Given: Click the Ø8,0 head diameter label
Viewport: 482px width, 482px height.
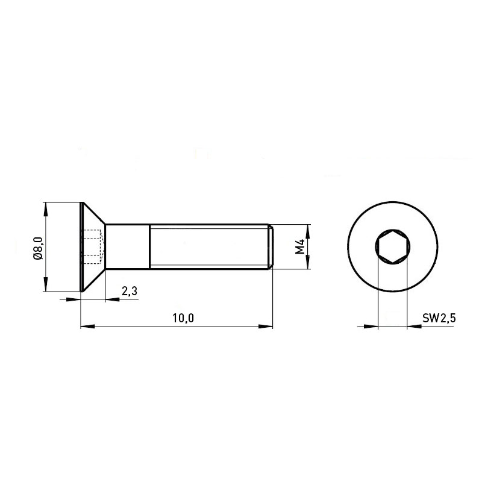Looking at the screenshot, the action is [38, 248].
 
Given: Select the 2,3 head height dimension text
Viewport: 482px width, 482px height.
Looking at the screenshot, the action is [130, 291].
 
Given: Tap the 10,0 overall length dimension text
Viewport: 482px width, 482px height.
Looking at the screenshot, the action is [183, 318].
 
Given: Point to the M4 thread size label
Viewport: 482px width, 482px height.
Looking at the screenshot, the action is [299, 246].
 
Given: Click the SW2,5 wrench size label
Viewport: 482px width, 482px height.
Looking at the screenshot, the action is [439, 318].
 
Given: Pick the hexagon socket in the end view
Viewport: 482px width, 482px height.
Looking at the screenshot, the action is [393, 246].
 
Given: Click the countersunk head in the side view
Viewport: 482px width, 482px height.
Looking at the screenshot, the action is [93, 247].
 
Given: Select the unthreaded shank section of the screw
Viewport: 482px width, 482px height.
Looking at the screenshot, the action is [128, 246].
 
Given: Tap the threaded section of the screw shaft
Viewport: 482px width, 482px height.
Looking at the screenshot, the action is [209, 246].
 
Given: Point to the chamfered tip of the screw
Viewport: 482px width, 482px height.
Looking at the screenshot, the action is [271, 246].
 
